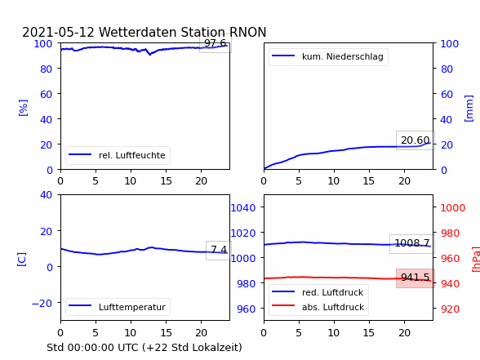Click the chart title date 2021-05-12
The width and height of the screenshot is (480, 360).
(58, 32)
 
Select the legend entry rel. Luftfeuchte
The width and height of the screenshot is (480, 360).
(118, 155)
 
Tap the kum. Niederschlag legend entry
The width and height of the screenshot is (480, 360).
(328, 56)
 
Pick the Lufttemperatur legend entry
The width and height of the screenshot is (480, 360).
(118, 307)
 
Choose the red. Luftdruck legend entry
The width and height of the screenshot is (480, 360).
(318, 292)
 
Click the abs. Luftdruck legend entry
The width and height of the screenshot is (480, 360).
(318, 307)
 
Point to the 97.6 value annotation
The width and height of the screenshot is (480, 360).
(216, 43)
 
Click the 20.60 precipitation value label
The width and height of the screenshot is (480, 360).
(415, 140)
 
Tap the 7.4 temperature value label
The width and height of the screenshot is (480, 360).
(219, 250)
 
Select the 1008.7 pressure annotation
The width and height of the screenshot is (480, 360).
(412, 243)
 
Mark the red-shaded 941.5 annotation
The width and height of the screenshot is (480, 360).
(415, 278)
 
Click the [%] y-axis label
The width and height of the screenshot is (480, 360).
(23, 108)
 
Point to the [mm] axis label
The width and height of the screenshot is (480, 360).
(469, 109)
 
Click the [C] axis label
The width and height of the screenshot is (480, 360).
(22, 260)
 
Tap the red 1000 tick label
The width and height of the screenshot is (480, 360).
(453, 208)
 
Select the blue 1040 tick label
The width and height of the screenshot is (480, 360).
(243, 208)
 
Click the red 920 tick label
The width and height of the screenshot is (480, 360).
(450, 309)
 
